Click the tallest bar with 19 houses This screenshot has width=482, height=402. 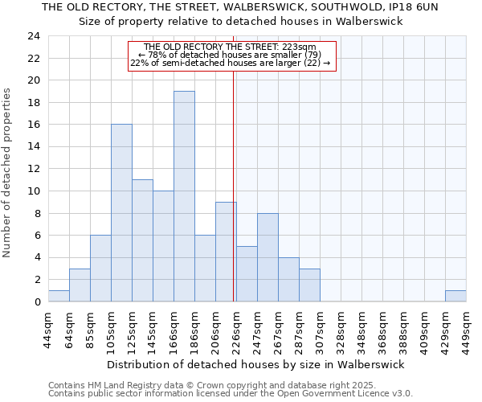point(184,196)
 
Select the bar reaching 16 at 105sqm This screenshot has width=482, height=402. point(121,213)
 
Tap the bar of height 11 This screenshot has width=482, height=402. point(142,240)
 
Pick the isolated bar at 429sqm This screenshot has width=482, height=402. point(455,296)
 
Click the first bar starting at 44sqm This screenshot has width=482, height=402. point(59,296)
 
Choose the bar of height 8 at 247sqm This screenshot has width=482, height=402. point(268,257)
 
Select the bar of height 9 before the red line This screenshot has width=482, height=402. point(226,252)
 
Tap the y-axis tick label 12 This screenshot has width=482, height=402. point(33,169)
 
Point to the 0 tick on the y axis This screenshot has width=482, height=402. point(36,301)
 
